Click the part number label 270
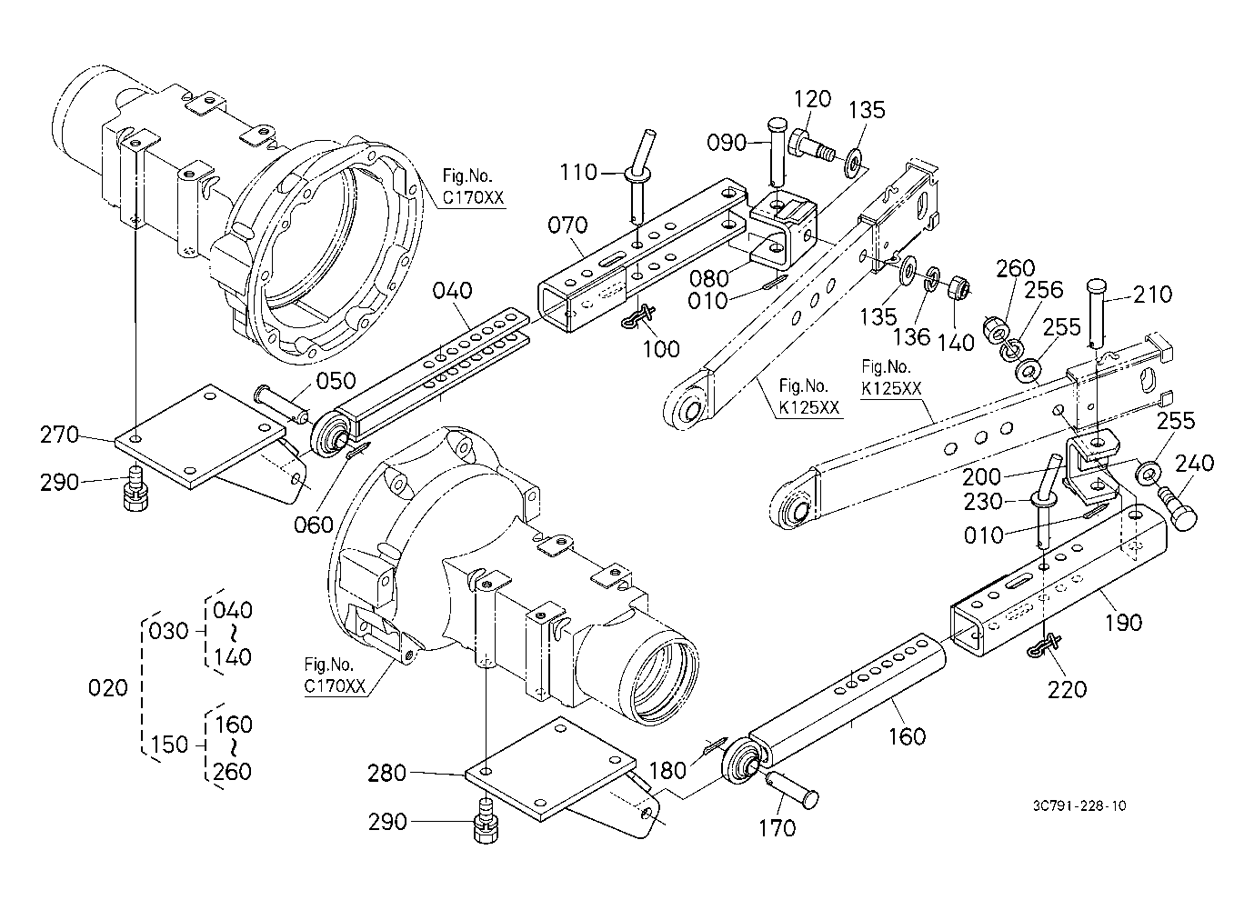point(60,435)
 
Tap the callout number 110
point(579,173)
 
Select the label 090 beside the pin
point(727,143)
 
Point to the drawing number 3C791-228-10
point(1080,805)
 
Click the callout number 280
point(386,774)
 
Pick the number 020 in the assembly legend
point(108,687)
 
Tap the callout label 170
point(777,828)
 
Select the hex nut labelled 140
point(957,288)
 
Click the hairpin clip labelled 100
point(639,315)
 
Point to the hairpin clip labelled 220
point(1045,645)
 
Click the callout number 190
point(1124,623)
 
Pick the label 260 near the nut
point(1016,268)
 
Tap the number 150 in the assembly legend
point(169,745)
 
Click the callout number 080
point(708,278)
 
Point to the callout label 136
point(911,337)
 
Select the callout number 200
point(981,477)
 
